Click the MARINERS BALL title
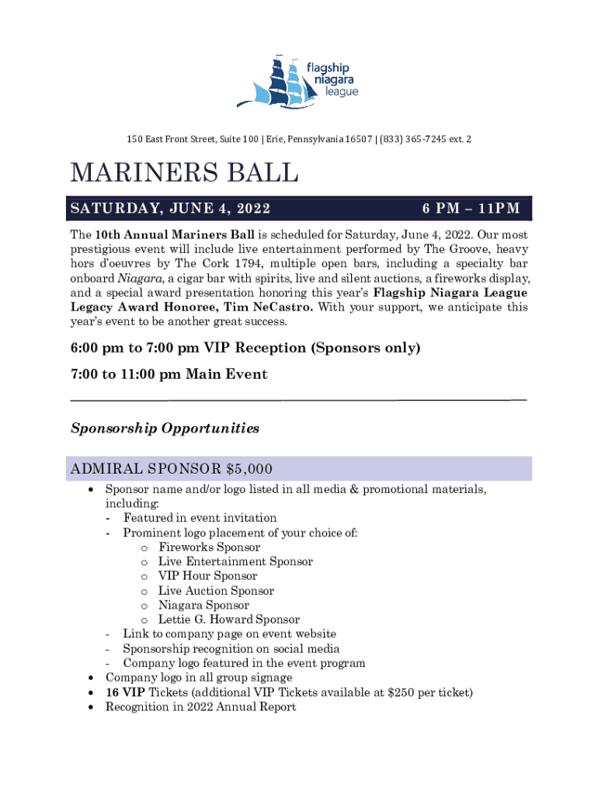pyautogui.click(x=184, y=173)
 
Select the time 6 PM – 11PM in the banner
pyautogui.click(x=471, y=209)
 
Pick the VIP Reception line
pyautogui.click(x=245, y=348)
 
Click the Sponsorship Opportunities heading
pyautogui.click(x=165, y=429)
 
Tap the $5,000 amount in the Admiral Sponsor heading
pyautogui.click(x=249, y=469)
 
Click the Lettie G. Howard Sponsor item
pyautogui.click(x=228, y=620)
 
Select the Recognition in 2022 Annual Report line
pyautogui.click(x=200, y=707)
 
